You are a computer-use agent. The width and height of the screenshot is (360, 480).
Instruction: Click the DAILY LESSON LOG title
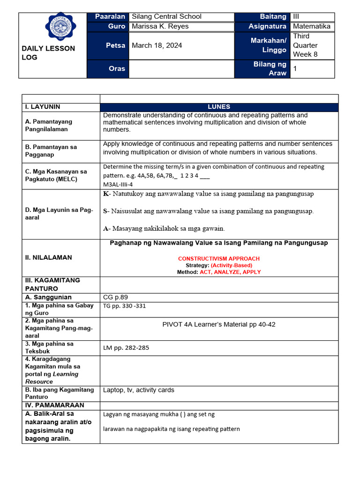click(x=48, y=53)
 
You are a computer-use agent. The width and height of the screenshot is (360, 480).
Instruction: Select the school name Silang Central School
click(x=166, y=16)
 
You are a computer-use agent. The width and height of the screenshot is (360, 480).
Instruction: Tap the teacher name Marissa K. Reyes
click(x=160, y=26)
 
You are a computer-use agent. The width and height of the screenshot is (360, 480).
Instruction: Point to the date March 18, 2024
click(x=157, y=45)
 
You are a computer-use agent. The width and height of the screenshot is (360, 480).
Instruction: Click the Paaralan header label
click(x=110, y=16)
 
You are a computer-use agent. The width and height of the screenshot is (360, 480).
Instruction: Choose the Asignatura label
click(x=267, y=26)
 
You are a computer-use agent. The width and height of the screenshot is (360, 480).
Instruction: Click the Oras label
click(x=117, y=68)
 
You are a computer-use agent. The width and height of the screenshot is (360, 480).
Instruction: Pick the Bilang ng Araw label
click(x=270, y=68)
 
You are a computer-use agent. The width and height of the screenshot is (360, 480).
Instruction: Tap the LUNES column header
click(x=219, y=107)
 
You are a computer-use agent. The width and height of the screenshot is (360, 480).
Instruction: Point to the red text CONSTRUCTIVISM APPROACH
click(x=218, y=259)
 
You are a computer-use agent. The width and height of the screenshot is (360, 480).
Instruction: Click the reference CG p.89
click(x=115, y=297)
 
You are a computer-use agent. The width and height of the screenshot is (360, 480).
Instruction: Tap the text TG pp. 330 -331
click(x=124, y=306)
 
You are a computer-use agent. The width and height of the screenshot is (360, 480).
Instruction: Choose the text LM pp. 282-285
click(x=126, y=347)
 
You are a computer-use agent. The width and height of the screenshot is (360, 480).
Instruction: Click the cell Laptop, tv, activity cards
click(x=138, y=390)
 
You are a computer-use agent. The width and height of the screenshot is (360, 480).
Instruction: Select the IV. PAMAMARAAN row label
click(x=54, y=405)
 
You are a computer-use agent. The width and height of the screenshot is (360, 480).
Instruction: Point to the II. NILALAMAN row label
click(x=48, y=257)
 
